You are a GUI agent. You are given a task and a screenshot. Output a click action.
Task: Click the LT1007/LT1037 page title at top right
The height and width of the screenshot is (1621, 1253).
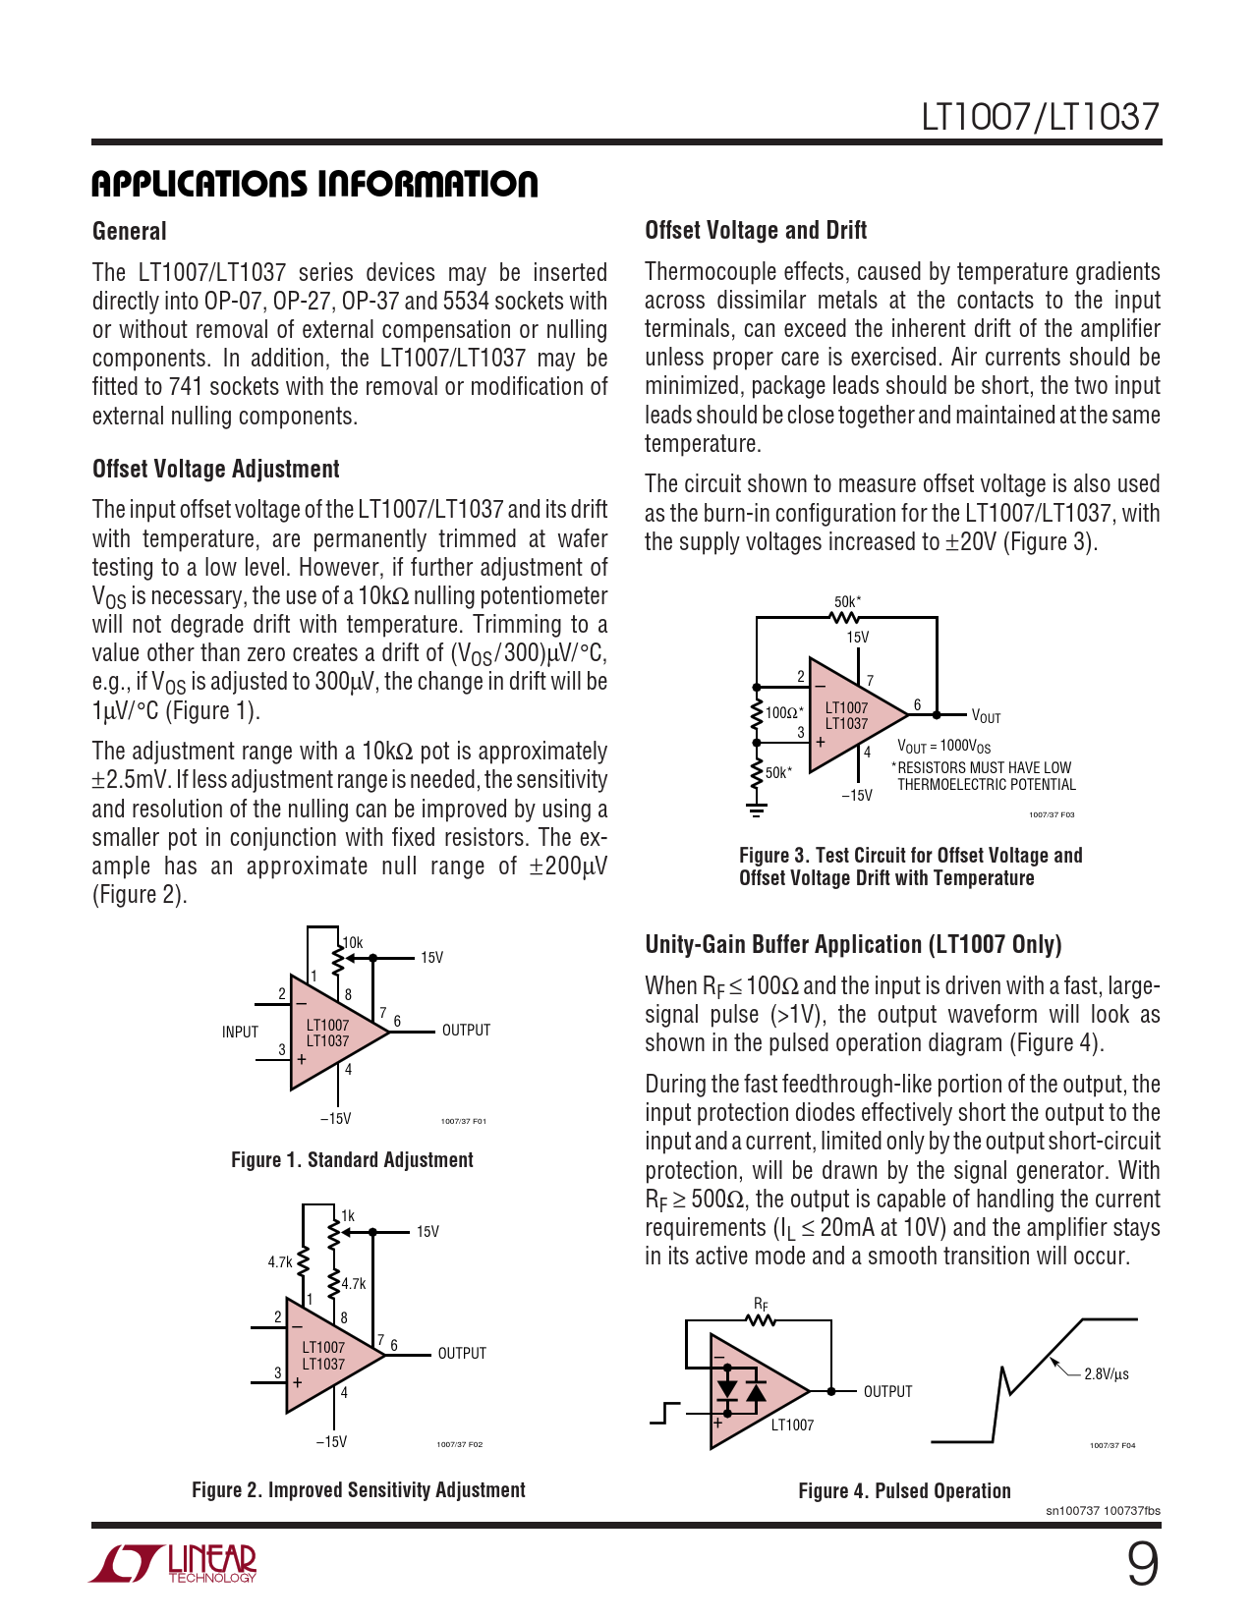click(1040, 117)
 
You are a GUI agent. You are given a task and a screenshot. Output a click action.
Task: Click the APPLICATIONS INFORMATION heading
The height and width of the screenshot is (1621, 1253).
click(314, 184)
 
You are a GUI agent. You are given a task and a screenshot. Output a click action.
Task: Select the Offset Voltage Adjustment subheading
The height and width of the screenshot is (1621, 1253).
click(215, 469)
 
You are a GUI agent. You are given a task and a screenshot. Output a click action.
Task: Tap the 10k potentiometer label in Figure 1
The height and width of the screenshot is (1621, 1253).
click(352, 943)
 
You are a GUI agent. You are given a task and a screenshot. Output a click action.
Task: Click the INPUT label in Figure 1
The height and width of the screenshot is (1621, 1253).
click(240, 1032)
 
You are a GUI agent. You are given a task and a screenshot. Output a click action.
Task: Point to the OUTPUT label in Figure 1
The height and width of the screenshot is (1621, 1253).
click(466, 1030)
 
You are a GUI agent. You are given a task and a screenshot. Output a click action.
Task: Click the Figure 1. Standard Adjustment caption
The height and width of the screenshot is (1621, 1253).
click(352, 1160)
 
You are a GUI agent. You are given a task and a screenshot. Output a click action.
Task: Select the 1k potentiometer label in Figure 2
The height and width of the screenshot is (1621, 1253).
click(348, 1216)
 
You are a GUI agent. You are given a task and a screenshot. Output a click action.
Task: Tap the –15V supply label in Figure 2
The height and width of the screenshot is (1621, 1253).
click(331, 1442)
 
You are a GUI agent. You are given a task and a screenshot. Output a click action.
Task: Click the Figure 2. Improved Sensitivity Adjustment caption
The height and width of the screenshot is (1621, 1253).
click(358, 1490)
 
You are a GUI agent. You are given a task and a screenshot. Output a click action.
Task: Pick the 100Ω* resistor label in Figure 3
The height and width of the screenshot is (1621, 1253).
click(784, 712)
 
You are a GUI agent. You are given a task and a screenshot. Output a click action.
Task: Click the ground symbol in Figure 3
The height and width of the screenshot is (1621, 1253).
click(756, 810)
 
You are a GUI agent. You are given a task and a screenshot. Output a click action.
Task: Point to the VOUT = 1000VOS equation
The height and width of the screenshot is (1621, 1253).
click(943, 747)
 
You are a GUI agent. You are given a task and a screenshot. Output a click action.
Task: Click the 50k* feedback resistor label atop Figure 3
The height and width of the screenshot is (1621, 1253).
click(847, 601)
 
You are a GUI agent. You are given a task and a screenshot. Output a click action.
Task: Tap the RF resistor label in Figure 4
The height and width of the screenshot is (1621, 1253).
click(761, 1305)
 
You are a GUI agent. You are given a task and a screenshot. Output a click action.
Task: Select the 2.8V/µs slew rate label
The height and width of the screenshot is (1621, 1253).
click(1106, 1374)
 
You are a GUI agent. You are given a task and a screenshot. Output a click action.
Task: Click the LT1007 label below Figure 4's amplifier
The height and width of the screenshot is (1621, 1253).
click(792, 1425)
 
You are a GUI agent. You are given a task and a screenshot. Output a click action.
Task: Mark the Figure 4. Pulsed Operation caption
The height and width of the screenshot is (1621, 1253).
click(904, 1491)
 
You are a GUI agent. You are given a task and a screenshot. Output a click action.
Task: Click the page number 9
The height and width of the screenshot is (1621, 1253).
click(1142, 1565)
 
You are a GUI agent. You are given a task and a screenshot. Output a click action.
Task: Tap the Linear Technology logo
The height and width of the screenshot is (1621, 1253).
click(174, 1563)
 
